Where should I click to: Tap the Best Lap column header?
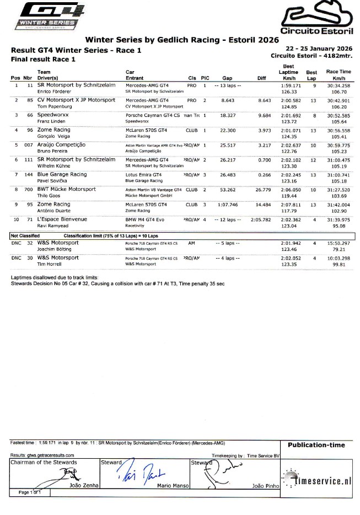[311, 75]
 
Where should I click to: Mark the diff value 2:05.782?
[259, 219]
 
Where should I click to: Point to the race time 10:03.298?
[338, 257]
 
